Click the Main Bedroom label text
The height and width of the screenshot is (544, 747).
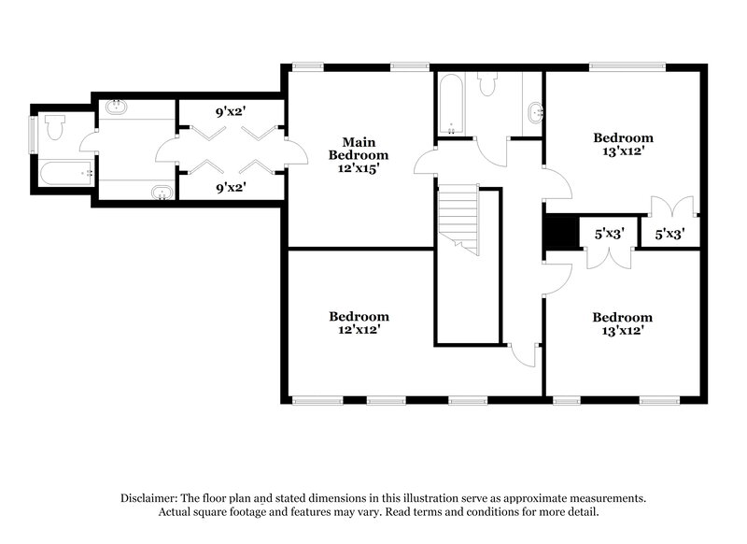click(352, 148)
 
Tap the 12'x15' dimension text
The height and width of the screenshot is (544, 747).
click(352, 168)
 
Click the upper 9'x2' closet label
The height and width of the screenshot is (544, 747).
click(230, 111)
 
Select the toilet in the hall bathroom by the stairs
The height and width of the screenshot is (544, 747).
click(486, 85)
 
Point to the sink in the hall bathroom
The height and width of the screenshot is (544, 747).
click(536, 113)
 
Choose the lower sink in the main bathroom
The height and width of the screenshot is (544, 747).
click(162, 193)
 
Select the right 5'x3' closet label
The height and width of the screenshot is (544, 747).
click(669, 235)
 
